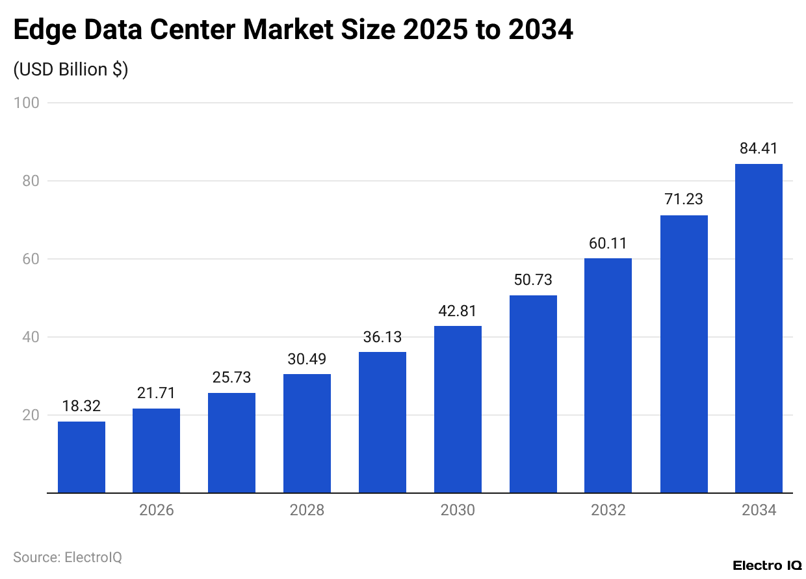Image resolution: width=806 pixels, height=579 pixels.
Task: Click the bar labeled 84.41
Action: pyautogui.click(x=759, y=329)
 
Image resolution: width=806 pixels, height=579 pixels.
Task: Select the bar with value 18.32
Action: pyautogui.click(x=81, y=457)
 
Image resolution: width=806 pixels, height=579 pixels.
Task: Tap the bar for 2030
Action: pyautogui.click(x=458, y=409)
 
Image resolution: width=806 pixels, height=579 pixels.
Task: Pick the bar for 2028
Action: pyautogui.click(x=307, y=433)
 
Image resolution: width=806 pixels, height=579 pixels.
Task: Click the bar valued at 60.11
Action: pyautogui.click(x=608, y=375)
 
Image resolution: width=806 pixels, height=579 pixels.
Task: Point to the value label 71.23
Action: pyautogui.click(x=683, y=200)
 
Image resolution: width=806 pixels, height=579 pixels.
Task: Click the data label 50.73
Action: pyautogui.click(x=533, y=280)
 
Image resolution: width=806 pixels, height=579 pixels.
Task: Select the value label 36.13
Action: pyautogui.click(x=382, y=337)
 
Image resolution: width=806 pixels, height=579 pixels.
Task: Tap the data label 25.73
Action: pyautogui.click(x=231, y=377)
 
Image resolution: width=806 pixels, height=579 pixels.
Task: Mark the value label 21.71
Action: pyautogui.click(x=156, y=393)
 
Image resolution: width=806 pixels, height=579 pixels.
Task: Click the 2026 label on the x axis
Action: pyautogui.click(x=156, y=510)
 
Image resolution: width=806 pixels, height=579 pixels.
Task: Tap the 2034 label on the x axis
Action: pyautogui.click(x=759, y=510)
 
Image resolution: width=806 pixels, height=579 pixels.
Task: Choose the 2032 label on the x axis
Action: pyautogui.click(x=608, y=510)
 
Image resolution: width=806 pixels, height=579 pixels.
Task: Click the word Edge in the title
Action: pyautogui.click(x=44, y=31)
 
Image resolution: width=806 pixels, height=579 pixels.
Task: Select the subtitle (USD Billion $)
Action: pyautogui.click(x=71, y=70)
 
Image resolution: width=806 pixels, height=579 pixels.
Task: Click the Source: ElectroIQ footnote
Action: pyautogui.click(x=68, y=557)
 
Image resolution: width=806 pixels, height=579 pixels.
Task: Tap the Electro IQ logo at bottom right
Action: pyautogui.click(x=766, y=565)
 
